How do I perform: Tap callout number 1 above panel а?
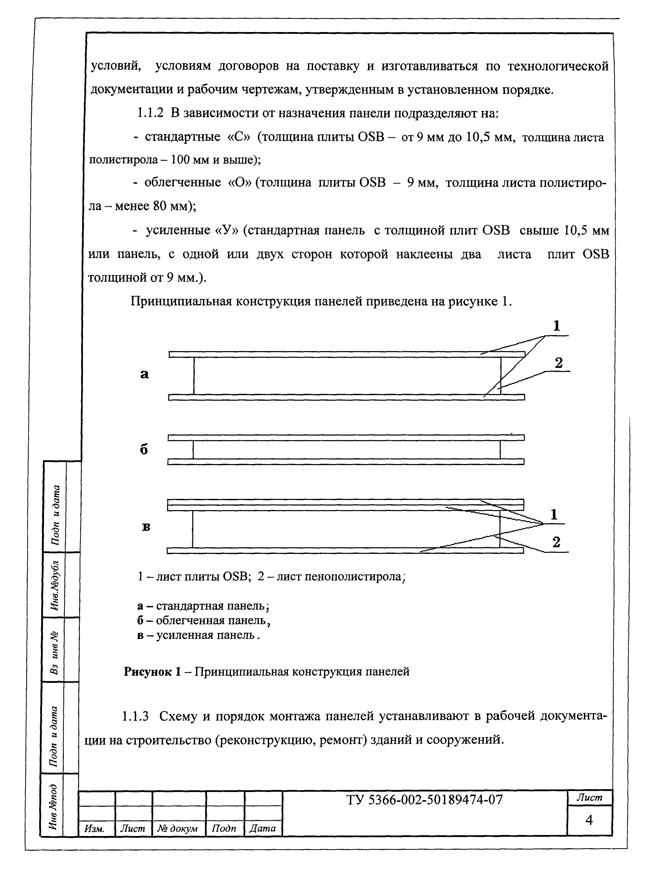(556, 326)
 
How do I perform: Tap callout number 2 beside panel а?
(558, 363)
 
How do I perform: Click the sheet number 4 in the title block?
(589, 820)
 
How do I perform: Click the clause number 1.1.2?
(150, 113)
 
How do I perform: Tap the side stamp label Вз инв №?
(54, 652)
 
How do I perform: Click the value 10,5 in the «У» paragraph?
(577, 230)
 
